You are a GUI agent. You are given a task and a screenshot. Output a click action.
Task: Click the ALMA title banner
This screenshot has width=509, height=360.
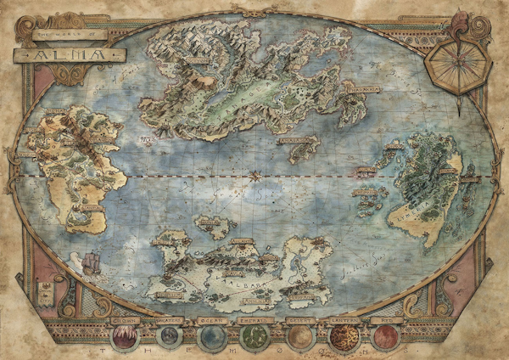69,54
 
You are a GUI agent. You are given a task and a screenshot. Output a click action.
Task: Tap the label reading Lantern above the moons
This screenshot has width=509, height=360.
343,321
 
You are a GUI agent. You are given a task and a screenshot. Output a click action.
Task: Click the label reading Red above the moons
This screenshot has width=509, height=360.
386,321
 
